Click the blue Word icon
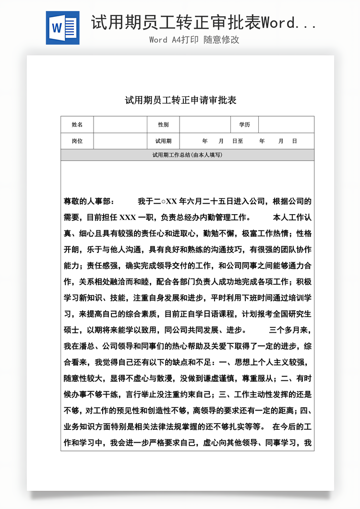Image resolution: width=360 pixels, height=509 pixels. [63, 28]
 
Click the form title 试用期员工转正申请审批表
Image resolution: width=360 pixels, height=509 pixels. [181, 100]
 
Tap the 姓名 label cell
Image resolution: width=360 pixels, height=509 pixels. [77, 125]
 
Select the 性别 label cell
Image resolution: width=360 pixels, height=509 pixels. [163, 125]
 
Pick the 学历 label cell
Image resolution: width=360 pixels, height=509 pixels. [245, 125]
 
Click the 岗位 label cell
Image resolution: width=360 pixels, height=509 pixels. [77, 141]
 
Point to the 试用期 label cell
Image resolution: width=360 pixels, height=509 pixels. [163, 141]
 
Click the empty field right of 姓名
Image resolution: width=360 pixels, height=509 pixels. [120, 125]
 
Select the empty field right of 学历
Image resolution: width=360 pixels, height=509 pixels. [286, 125]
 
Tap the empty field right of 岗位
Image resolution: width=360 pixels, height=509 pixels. [120, 141]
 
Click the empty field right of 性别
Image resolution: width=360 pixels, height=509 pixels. [205, 125]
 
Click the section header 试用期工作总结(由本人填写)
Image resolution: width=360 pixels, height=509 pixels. [187, 155]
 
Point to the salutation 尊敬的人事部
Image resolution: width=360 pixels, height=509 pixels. [89, 201]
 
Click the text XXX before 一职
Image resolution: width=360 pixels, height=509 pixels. [127, 218]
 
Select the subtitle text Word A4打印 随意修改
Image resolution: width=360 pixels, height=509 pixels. [194, 40]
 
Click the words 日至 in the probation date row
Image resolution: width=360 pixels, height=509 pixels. [238, 141]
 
